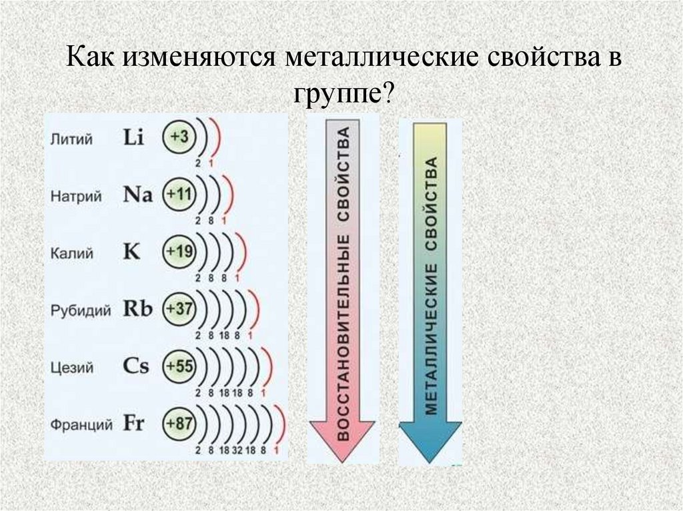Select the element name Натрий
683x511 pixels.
[x=76, y=197]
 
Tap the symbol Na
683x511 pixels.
[x=138, y=195]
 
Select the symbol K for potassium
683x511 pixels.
[x=131, y=253]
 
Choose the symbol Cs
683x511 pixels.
[x=136, y=366]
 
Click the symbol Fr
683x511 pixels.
[x=134, y=424]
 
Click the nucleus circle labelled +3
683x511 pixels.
[x=179, y=137]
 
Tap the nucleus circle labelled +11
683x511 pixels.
[x=179, y=195]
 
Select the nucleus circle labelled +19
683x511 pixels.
[x=179, y=252]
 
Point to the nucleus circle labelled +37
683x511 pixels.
[x=179, y=309]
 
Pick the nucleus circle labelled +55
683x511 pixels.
[x=179, y=366]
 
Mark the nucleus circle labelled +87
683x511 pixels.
[x=179, y=424]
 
